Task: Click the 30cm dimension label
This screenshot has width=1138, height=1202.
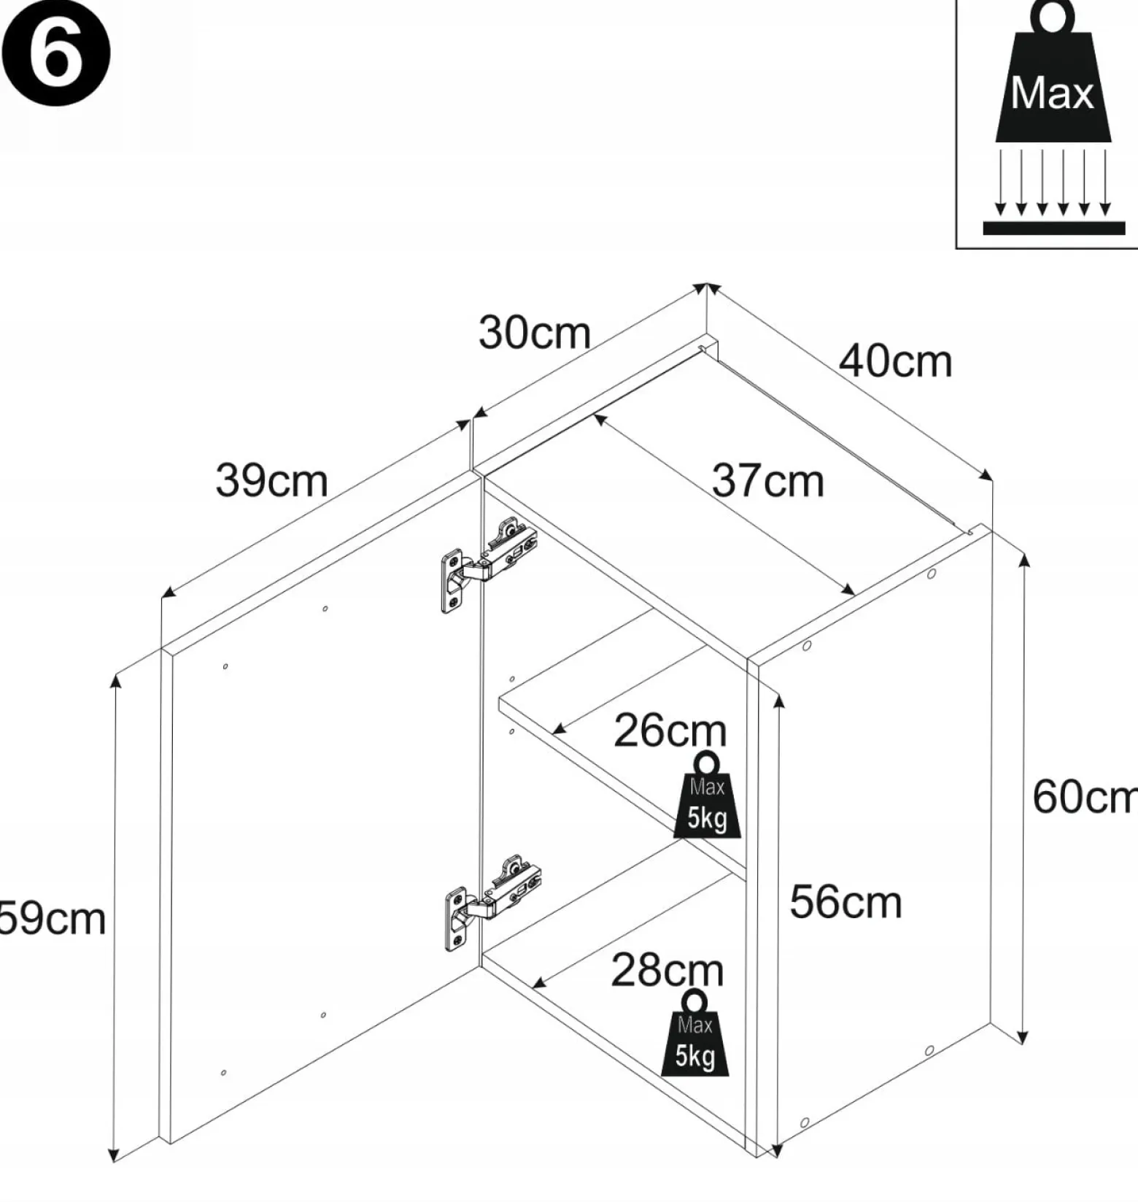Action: [534, 333]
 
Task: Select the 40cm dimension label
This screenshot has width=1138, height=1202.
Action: [895, 361]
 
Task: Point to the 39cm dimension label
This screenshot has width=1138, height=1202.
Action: [271, 481]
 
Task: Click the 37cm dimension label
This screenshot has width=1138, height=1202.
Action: [767, 481]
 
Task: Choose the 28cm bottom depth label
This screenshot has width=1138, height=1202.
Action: [667, 971]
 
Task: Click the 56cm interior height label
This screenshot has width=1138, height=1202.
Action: [845, 902]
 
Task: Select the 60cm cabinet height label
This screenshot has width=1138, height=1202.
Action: [1085, 796]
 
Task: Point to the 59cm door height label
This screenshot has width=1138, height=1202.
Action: [53, 919]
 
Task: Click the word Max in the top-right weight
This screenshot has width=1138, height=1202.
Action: [1052, 93]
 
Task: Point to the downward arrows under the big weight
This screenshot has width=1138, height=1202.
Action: [1053, 182]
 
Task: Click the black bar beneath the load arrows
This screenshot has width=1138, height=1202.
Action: [1053, 228]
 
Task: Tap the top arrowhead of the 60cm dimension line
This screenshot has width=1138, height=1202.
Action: [1024, 560]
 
